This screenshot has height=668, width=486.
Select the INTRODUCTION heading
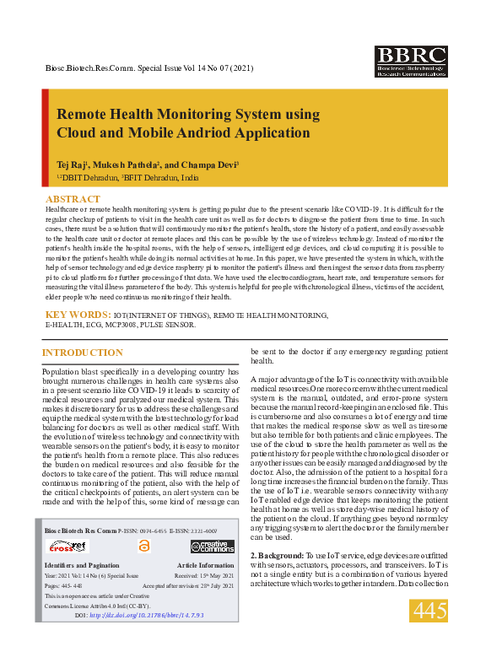(x=82, y=352)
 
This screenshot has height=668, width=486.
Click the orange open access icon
(x=143, y=547)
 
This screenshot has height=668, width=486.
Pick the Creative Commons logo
(x=212, y=547)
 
